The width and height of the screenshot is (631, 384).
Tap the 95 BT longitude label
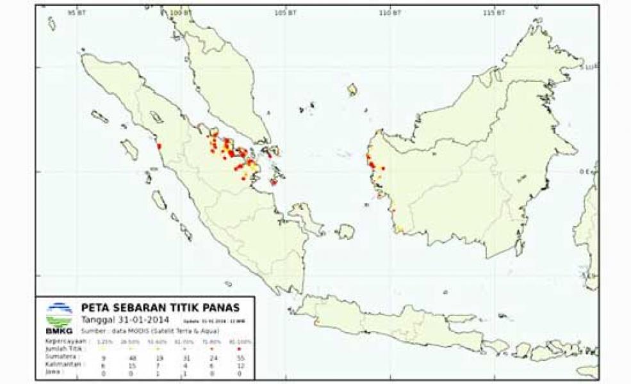tap(78, 12)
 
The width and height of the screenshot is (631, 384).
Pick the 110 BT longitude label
tap(391, 12)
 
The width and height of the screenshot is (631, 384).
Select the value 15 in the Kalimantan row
tap(133, 365)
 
